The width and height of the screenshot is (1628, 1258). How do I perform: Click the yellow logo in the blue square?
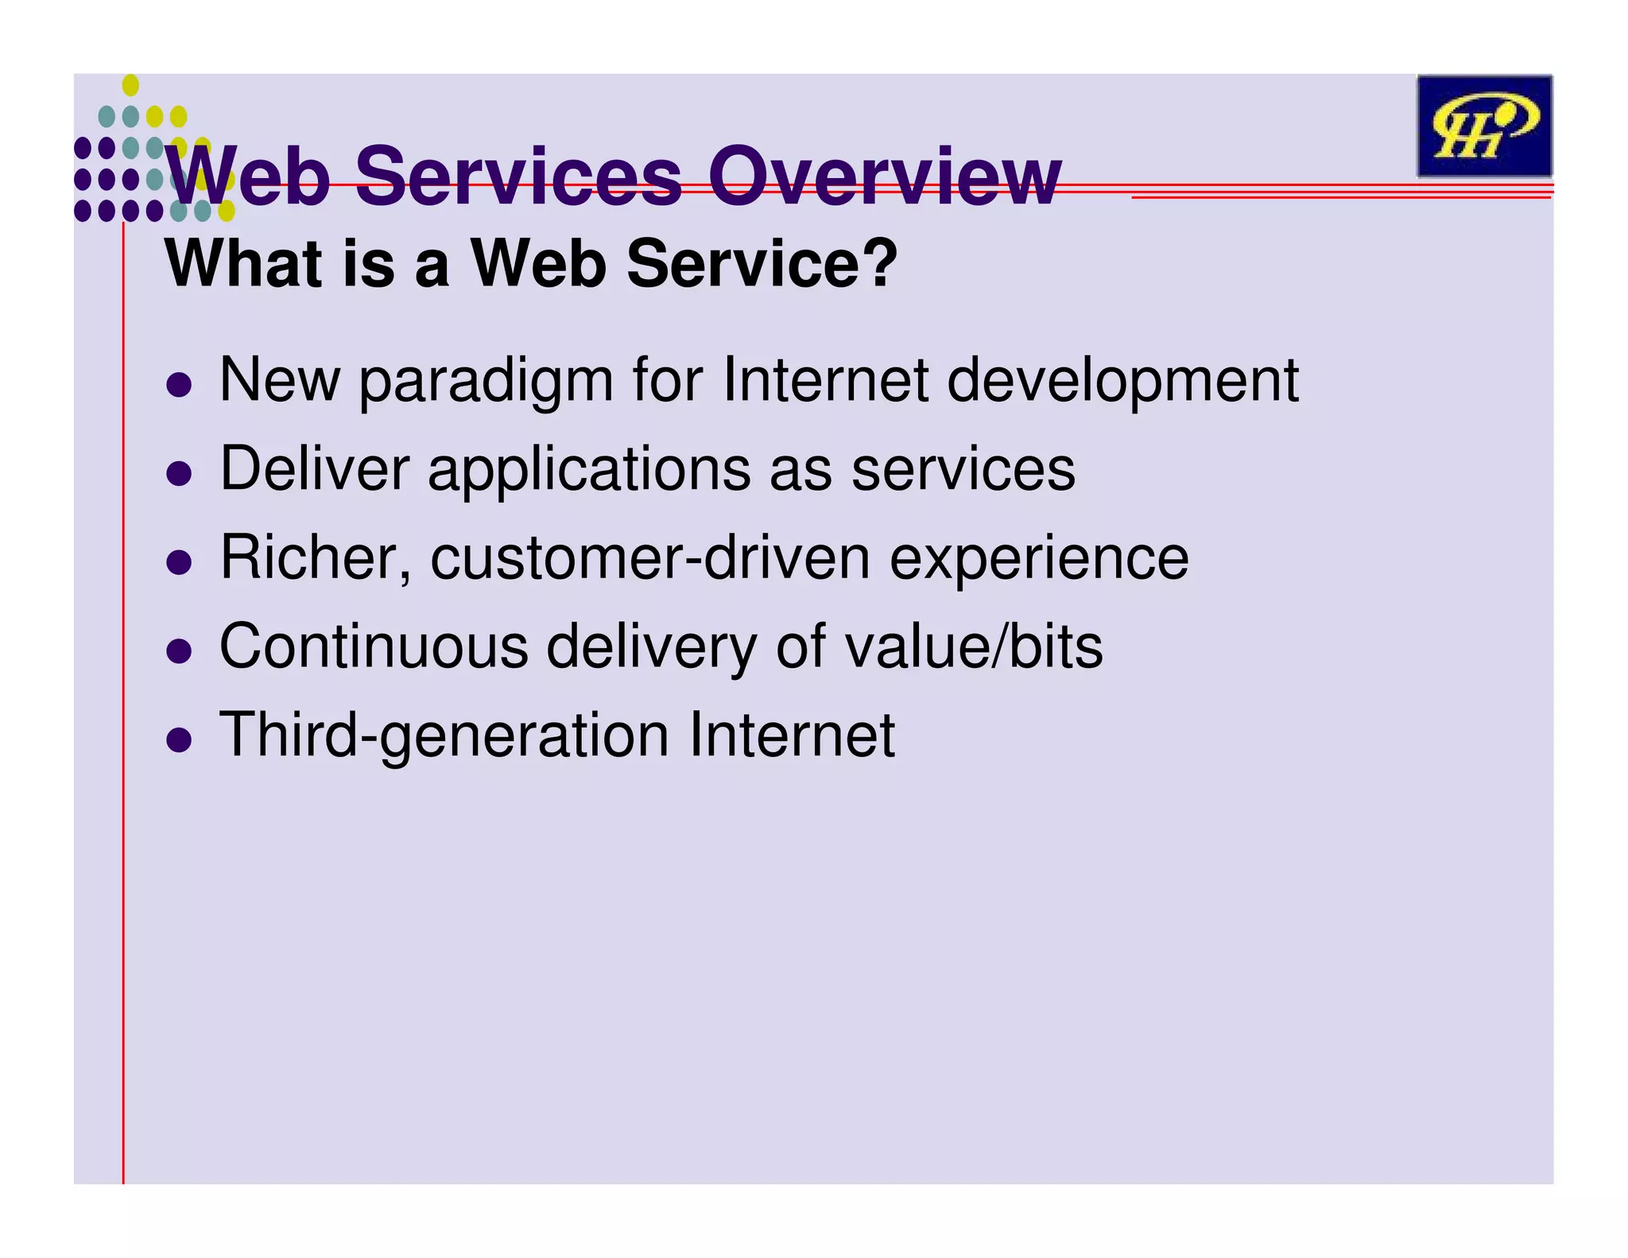coord(1484,126)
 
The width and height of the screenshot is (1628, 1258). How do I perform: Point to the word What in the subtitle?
coord(243,263)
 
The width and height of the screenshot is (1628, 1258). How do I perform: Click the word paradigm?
coord(486,381)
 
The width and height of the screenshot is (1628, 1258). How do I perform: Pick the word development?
coord(1123,381)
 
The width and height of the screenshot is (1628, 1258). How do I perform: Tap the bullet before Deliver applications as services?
coord(180,474)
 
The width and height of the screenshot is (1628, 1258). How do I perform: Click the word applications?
coord(589,470)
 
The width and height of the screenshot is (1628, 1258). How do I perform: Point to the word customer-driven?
coord(650,558)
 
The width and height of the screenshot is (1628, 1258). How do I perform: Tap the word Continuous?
coord(374,646)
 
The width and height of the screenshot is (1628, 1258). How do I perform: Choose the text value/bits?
coord(974,646)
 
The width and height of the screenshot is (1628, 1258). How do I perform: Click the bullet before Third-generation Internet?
coord(180,740)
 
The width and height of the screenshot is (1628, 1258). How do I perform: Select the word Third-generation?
coord(444,736)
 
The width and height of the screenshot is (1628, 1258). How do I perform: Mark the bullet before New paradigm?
coord(180,385)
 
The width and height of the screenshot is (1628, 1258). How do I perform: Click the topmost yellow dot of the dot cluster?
coord(131,84)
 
